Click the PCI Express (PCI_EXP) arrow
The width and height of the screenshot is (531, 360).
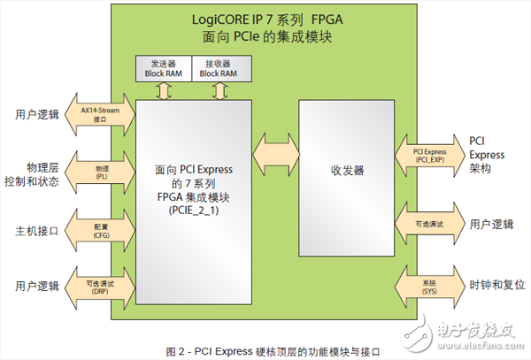pos(430,155)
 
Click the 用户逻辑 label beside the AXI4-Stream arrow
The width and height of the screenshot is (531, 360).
pos(37,114)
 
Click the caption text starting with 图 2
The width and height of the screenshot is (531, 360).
pos(265,350)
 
